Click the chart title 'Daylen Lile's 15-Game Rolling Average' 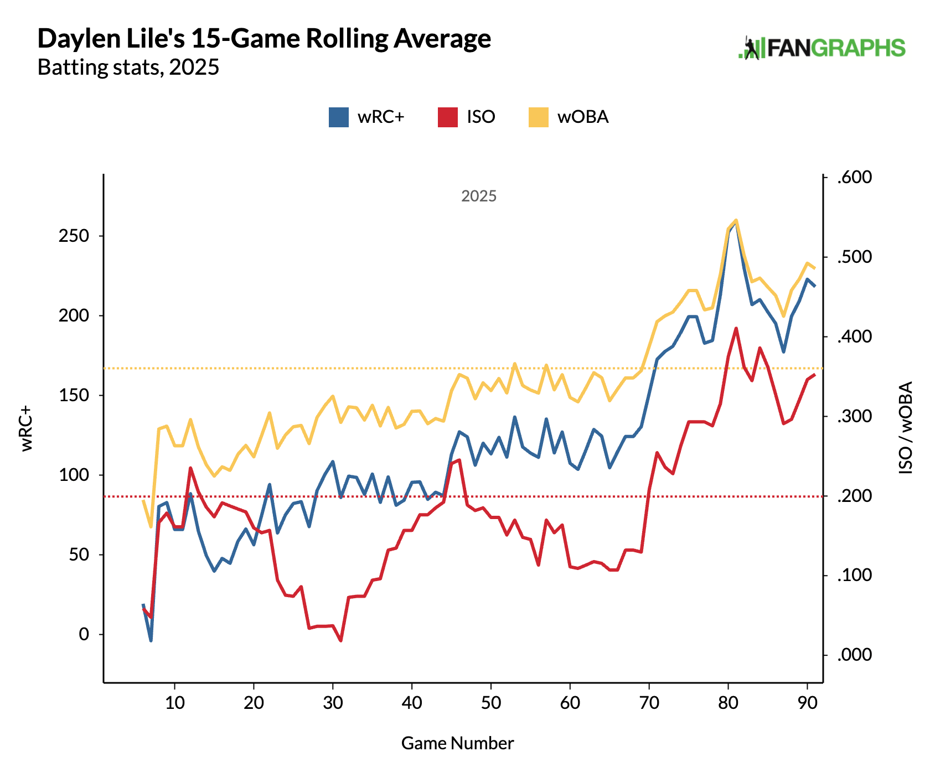click(x=264, y=39)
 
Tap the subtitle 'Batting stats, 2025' click(x=128, y=68)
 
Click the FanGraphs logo click(x=822, y=48)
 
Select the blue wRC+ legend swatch click(x=339, y=117)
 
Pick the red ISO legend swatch click(x=448, y=117)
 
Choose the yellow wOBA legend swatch click(x=538, y=117)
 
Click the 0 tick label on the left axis click(x=84, y=634)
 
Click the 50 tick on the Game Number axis click(x=491, y=703)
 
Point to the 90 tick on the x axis click(x=808, y=703)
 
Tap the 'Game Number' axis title click(x=457, y=743)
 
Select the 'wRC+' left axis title click(x=27, y=428)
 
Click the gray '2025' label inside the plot click(x=479, y=196)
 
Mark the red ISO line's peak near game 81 click(x=736, y=329)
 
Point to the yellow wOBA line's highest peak click(x=736, y=220)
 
